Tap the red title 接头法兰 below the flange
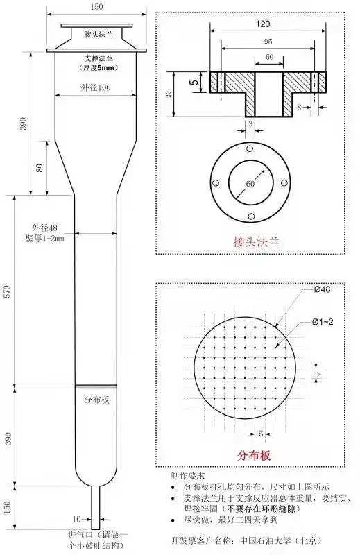tap(256, 242)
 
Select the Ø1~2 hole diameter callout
tap(323, 321)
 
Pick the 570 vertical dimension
tap(8, 291)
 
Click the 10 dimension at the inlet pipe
tap(77, 518)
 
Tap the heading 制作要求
tap(188, 477)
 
